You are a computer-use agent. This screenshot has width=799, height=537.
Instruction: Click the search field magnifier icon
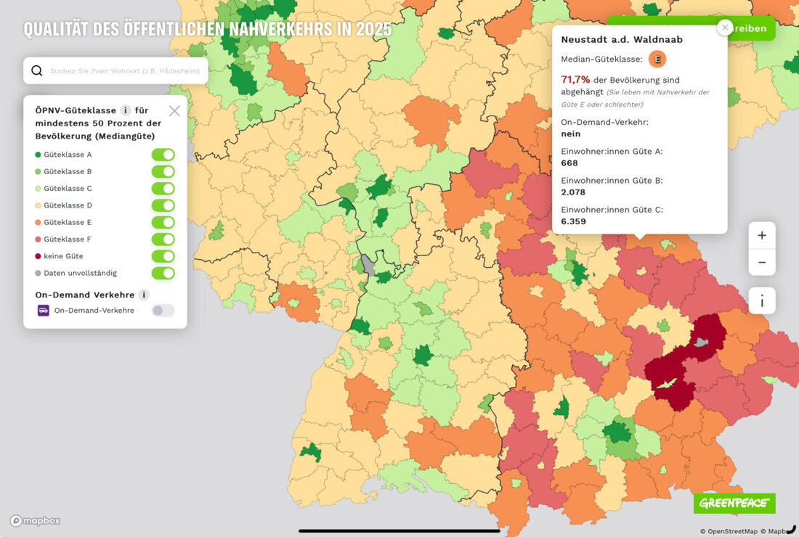(37, 71)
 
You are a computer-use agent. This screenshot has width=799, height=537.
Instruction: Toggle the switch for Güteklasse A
(163, 155)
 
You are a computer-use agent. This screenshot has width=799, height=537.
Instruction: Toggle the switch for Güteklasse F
(163, 239)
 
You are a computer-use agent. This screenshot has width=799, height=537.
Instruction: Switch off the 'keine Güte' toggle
(163, 256)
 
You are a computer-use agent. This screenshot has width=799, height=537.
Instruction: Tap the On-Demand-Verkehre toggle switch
(163, 311)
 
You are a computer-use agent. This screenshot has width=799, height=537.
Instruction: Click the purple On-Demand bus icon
(44, 311)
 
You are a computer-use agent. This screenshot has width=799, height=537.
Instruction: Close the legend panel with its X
(174, 111)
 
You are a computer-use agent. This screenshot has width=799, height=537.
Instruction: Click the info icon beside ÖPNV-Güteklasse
(126, 110)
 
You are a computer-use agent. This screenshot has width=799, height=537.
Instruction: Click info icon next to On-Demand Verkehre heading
(144, 295)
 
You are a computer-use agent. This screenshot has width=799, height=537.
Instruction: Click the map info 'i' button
(762, 300)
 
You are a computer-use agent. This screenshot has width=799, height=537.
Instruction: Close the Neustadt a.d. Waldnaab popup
(724, 28)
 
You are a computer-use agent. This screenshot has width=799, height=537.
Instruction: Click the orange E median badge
(657, 60)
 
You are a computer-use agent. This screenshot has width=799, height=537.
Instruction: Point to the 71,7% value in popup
(575, 80)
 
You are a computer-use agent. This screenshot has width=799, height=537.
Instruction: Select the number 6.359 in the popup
(573, 221)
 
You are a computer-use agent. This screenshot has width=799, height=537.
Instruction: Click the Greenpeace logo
(734, 503)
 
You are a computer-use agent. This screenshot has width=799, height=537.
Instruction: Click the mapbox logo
(35, 520)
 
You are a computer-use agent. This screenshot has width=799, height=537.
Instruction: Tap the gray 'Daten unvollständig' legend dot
(38, 273)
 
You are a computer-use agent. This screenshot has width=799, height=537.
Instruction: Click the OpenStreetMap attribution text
(729, 531)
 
